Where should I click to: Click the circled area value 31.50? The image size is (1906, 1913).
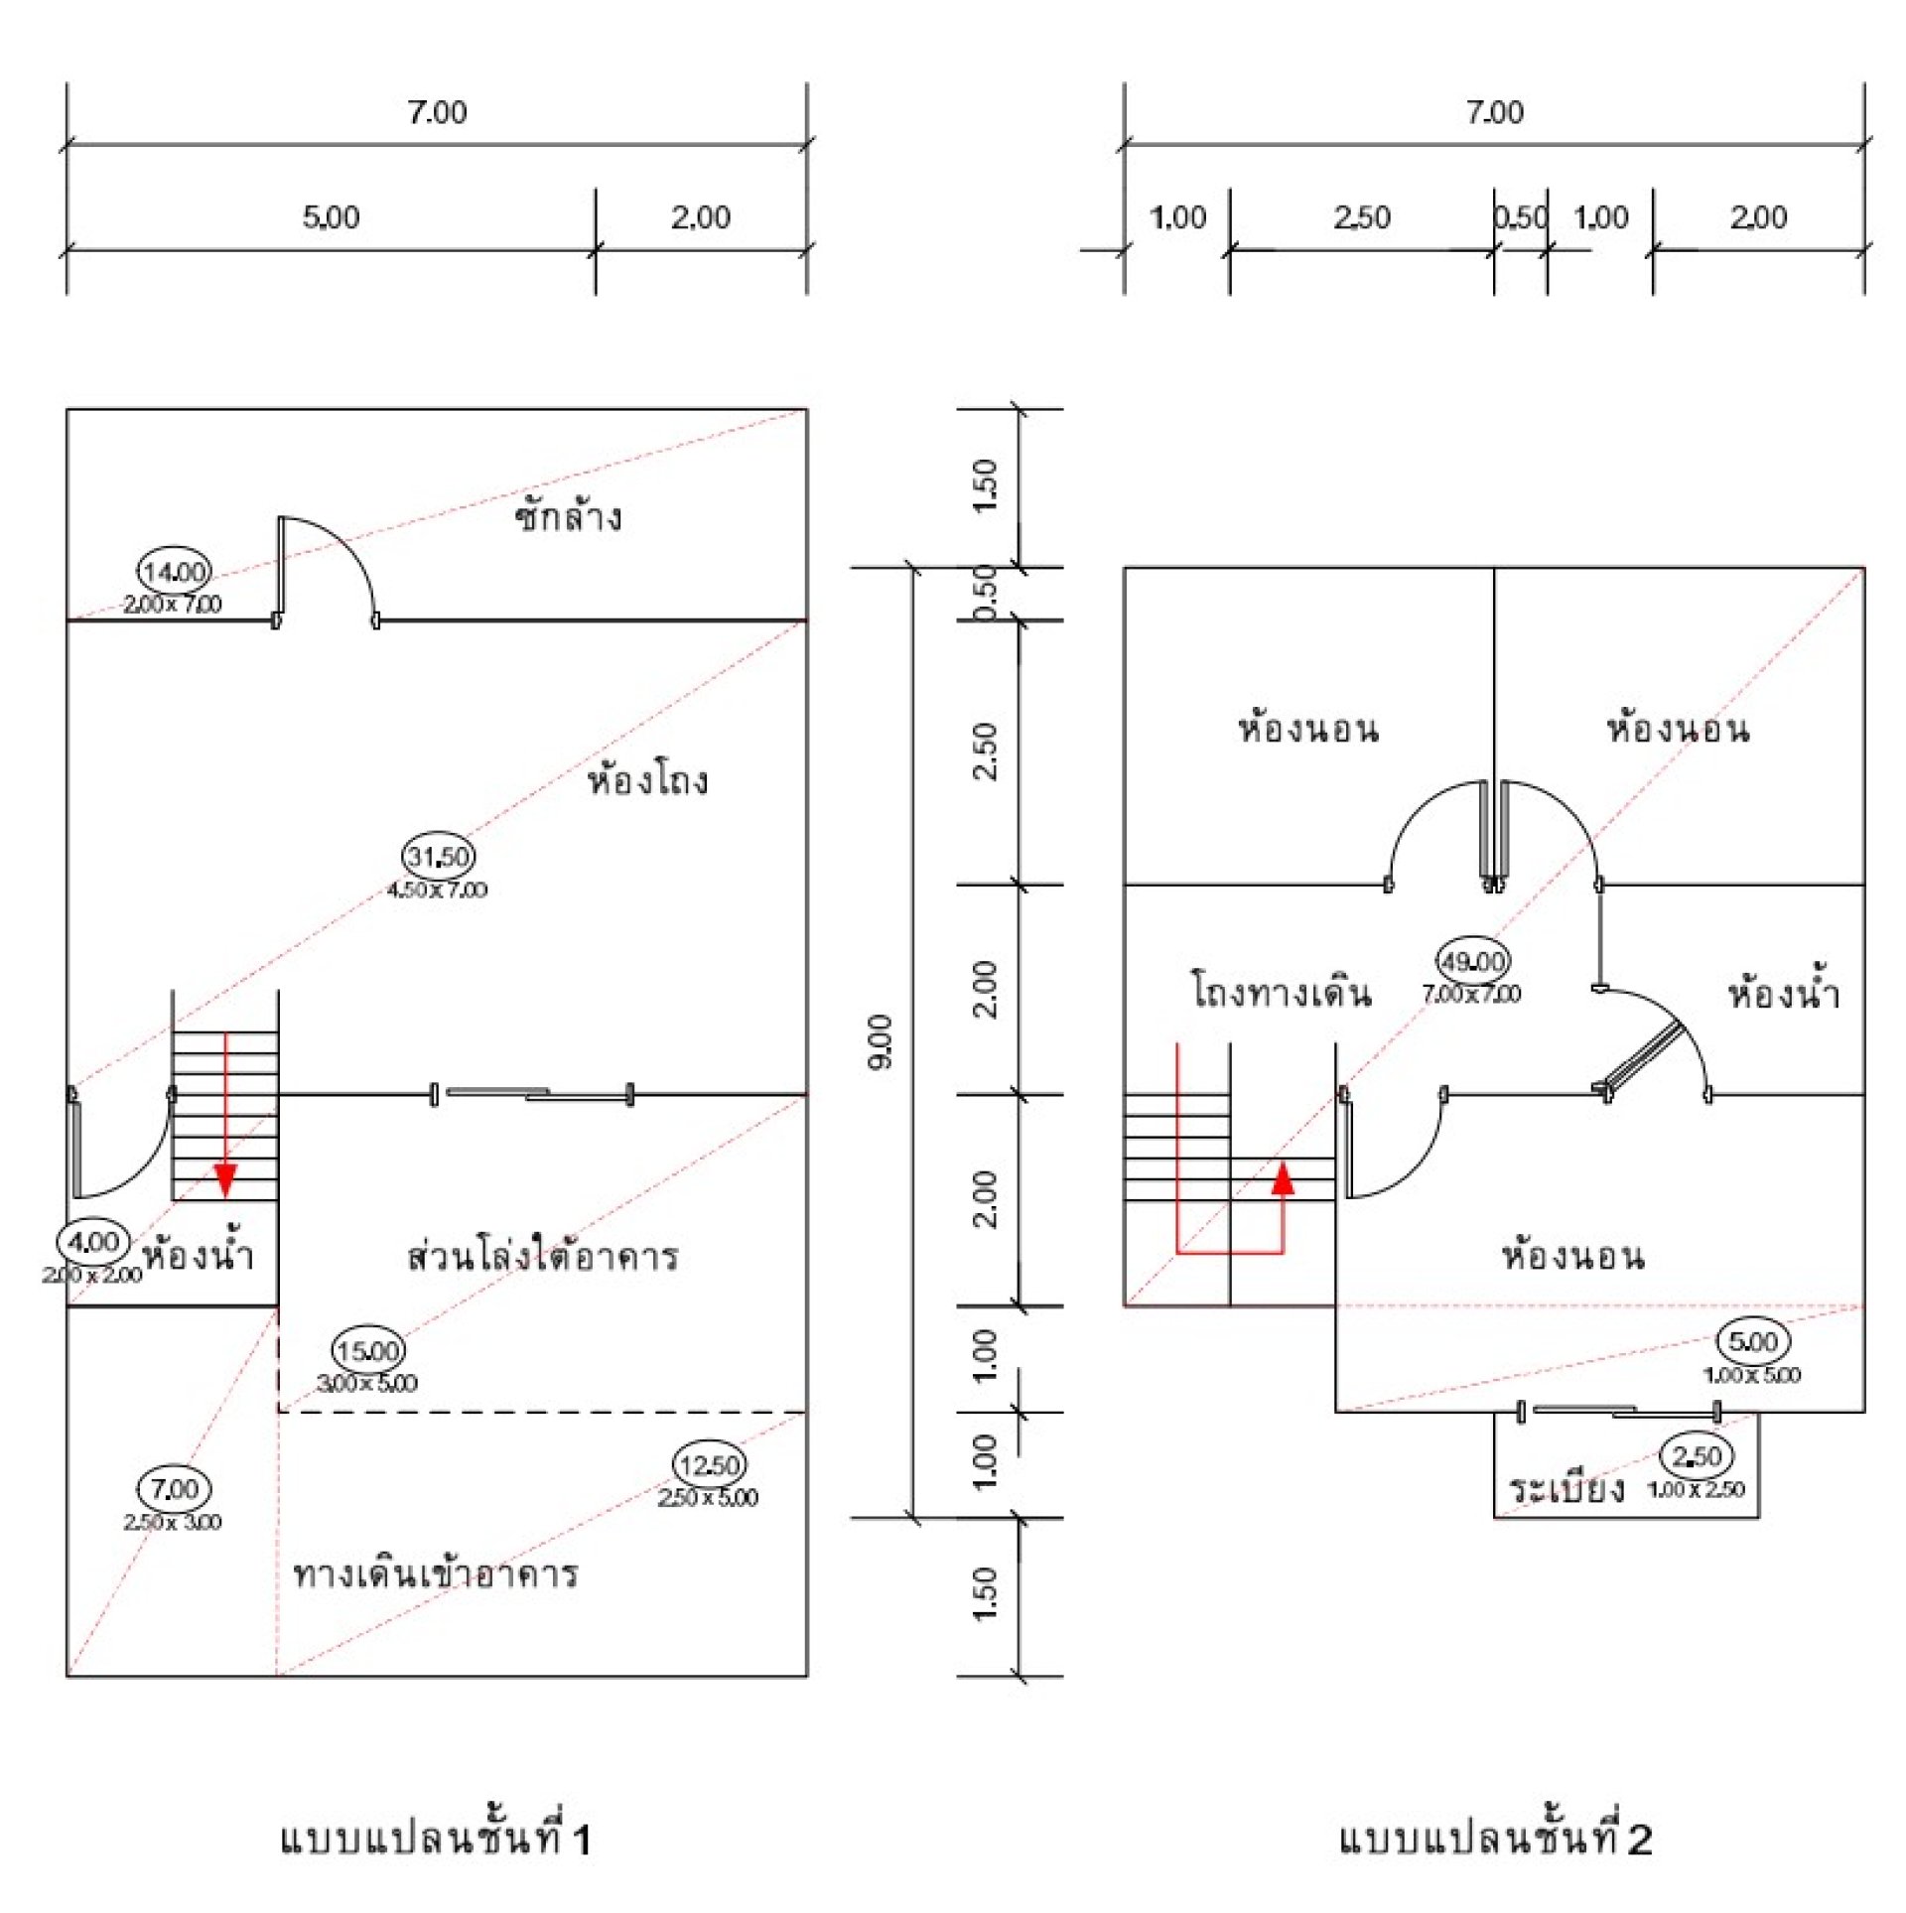439,856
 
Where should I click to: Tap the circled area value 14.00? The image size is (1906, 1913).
174,571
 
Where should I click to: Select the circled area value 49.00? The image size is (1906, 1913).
1473,961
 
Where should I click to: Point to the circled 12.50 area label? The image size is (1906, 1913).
710,1465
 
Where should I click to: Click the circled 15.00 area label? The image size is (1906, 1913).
367,1350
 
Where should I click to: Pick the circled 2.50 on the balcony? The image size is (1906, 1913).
1697,1456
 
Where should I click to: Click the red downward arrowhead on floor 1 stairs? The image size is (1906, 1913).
225,1179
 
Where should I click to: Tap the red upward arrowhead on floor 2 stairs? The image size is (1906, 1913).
1283,1177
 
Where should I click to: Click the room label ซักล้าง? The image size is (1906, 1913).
568,517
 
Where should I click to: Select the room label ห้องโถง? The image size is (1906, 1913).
647,780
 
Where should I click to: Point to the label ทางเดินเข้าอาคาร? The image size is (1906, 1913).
435,1574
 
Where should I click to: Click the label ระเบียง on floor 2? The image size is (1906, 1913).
1567,1490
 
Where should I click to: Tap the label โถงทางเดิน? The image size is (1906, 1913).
1281,992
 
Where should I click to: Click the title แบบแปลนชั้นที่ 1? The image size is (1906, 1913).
435,1839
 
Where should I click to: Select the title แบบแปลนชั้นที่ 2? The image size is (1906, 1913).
1494,1839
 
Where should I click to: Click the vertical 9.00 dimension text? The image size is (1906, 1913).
881,1041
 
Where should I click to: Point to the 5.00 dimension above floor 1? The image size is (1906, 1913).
331,216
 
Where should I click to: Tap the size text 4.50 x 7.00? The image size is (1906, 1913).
438,889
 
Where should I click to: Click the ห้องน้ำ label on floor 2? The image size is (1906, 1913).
1784,993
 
